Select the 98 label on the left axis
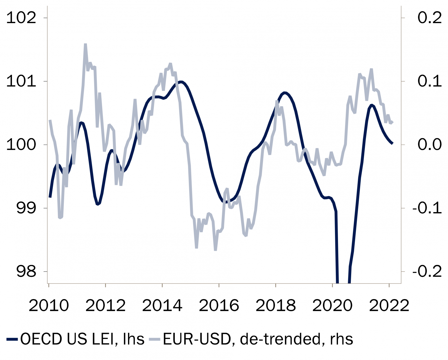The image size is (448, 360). coord(26,272)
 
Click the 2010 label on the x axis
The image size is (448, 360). coord(49,305)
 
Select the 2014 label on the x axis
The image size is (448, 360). coord(162,305)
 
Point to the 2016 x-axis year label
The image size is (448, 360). coord(219,305)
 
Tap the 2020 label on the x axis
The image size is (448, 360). coord(333,305)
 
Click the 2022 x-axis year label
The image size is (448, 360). coord(389,305)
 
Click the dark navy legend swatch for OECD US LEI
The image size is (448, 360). coord(12,339)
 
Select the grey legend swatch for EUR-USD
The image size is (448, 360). coord(155,339)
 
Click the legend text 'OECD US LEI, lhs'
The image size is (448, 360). coord(82,339)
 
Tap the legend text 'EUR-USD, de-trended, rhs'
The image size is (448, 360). coord(258,339)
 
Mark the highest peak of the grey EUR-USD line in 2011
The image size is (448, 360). coord(85,44)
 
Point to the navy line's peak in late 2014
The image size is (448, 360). coord(181,82)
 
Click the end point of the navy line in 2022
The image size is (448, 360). coord(392,143)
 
